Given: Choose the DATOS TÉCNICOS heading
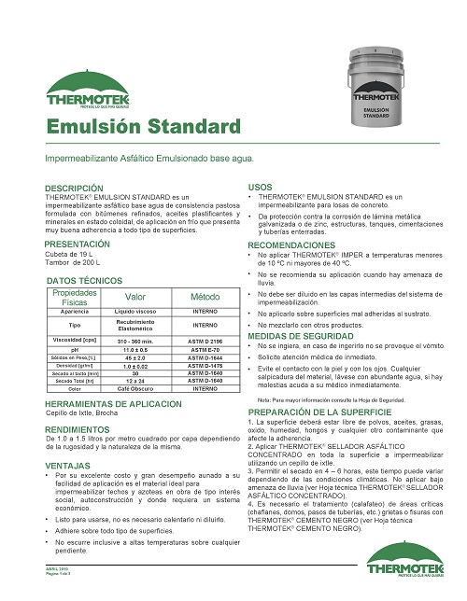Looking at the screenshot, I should point(84,280).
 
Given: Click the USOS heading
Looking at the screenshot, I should point(259,188).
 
